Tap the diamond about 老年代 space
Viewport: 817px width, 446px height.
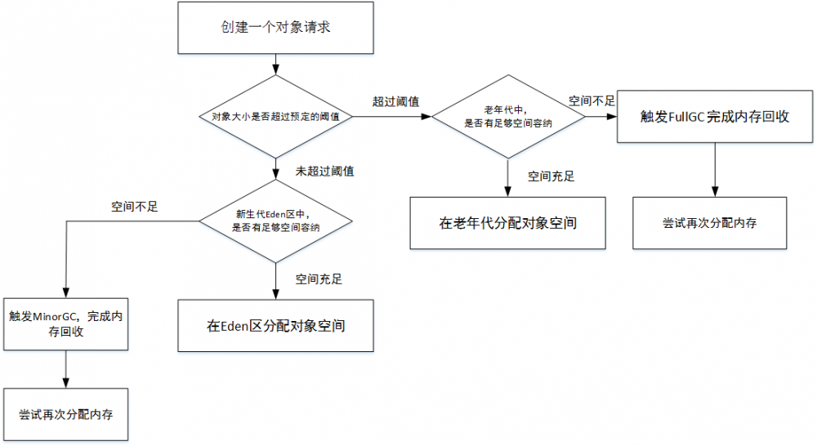coord(508,117)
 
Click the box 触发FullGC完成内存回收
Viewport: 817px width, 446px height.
coord(715,117)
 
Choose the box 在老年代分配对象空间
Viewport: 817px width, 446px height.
coord(508,221)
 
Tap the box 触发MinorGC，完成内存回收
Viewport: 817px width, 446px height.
coord(65,324)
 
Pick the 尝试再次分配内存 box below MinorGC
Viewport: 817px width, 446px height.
coord(65,414)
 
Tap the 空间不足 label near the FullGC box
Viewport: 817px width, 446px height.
coord(592,100)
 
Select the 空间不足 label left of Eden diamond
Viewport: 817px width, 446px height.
coord(135,206)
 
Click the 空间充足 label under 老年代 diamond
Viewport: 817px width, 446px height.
coord(551,176)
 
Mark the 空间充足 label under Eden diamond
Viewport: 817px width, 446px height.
coord(319,279)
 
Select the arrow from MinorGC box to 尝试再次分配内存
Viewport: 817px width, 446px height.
coord(65,369)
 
